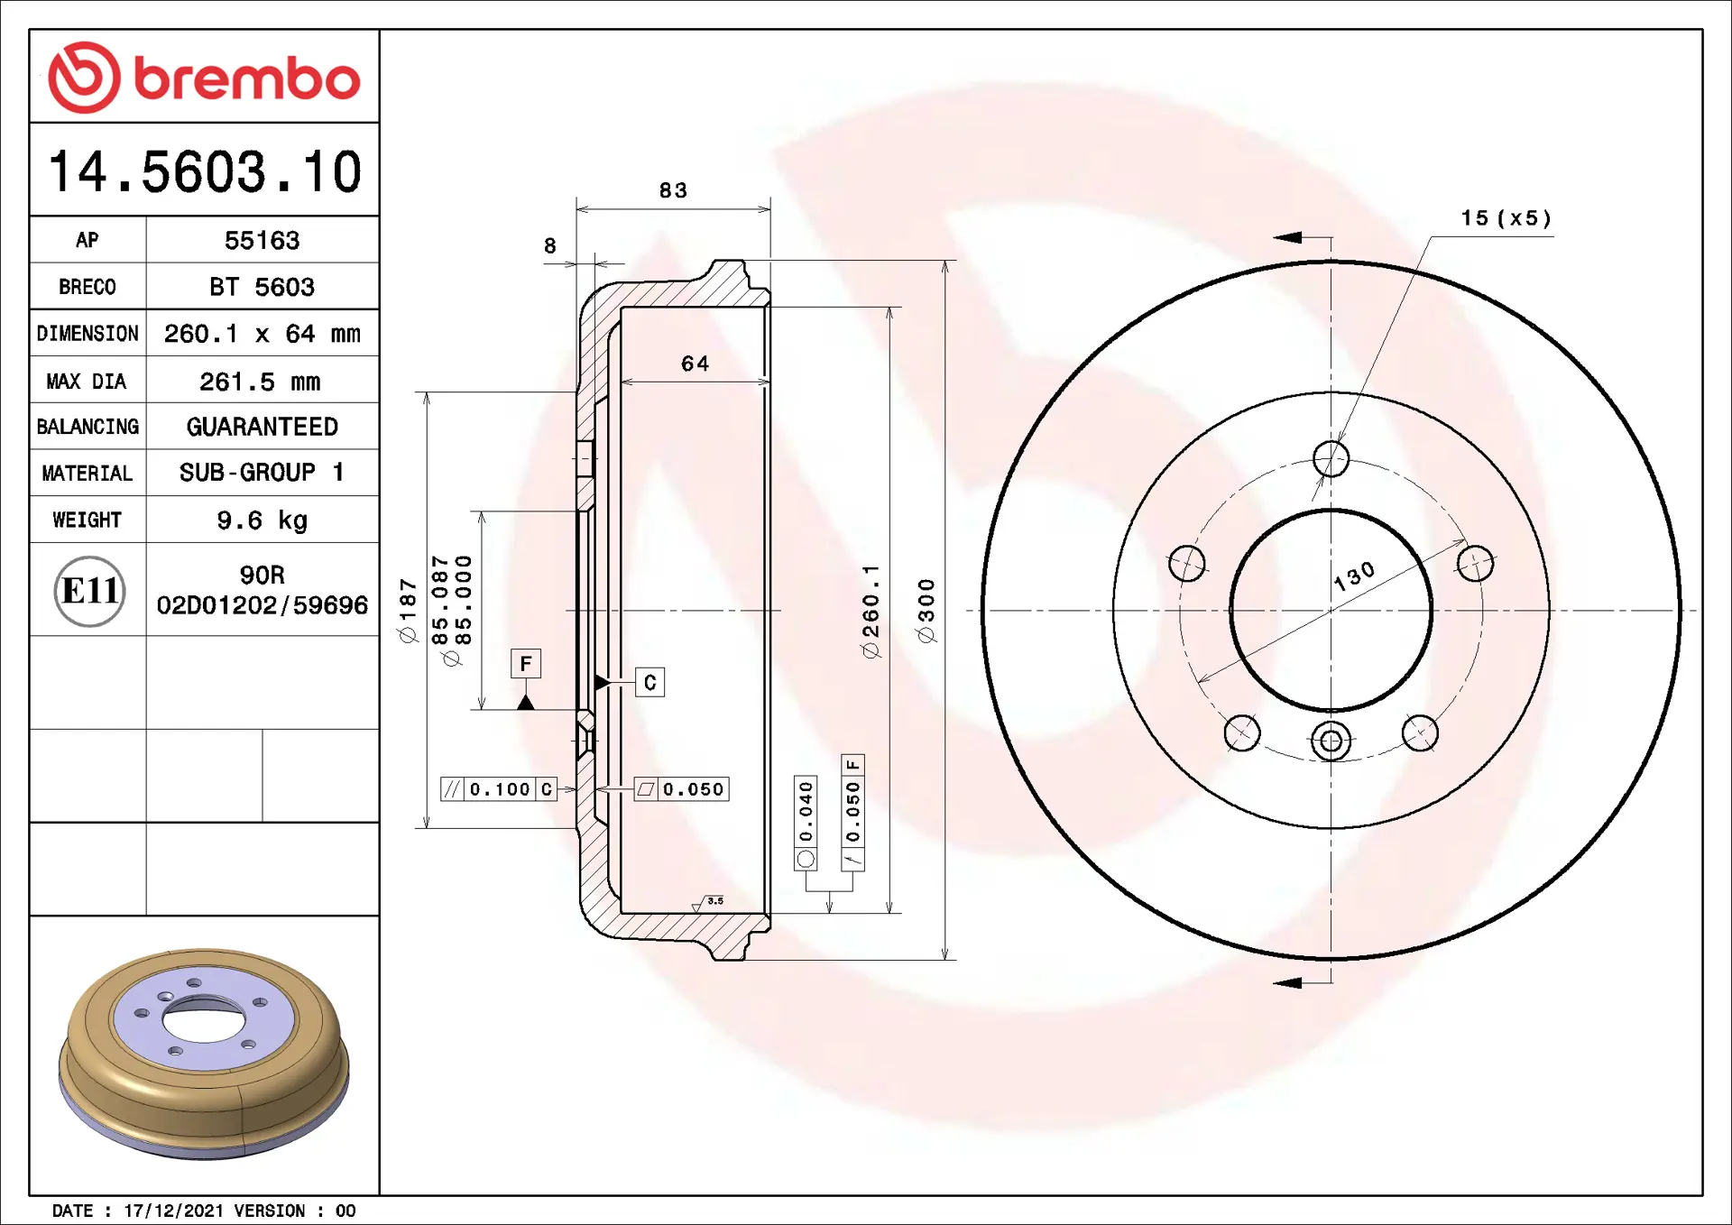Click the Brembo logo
(204, 78)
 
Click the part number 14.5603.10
(205, 171)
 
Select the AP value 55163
(262, 240)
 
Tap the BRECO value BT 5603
(262, 287)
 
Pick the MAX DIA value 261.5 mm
(260, 382)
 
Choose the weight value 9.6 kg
(262, 520)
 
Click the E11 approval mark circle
(89, 591)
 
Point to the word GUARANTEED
(262, 427)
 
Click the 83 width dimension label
(673, 190)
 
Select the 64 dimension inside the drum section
(695, 364)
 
